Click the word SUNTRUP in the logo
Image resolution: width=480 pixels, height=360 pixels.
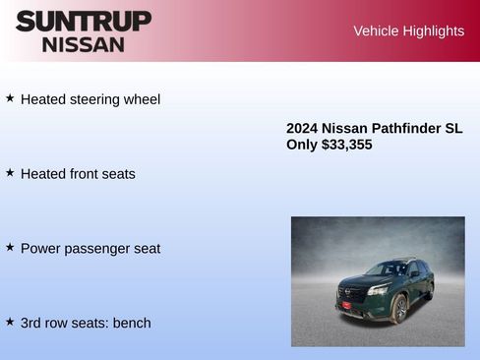pos(84,21)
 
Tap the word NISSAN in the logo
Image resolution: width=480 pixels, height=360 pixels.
pos(84,44)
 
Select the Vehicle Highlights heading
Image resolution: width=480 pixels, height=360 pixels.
pos(408,31)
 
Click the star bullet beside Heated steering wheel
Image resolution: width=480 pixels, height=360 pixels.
pos(10,98)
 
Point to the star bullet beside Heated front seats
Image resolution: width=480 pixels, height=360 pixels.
pos(10,172)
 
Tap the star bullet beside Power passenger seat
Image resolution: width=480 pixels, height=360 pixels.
pos(10,247)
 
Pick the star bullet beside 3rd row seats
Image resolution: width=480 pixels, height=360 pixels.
pos(10,322)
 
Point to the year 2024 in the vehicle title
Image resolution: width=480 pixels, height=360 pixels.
pos(302,129)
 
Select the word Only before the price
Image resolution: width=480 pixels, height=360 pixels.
pos(302,145)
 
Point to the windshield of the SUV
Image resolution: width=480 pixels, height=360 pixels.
pos(388,269)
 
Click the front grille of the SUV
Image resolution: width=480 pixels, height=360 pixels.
pos(352,291)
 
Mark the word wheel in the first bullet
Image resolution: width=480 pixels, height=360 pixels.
pos(141,99)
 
